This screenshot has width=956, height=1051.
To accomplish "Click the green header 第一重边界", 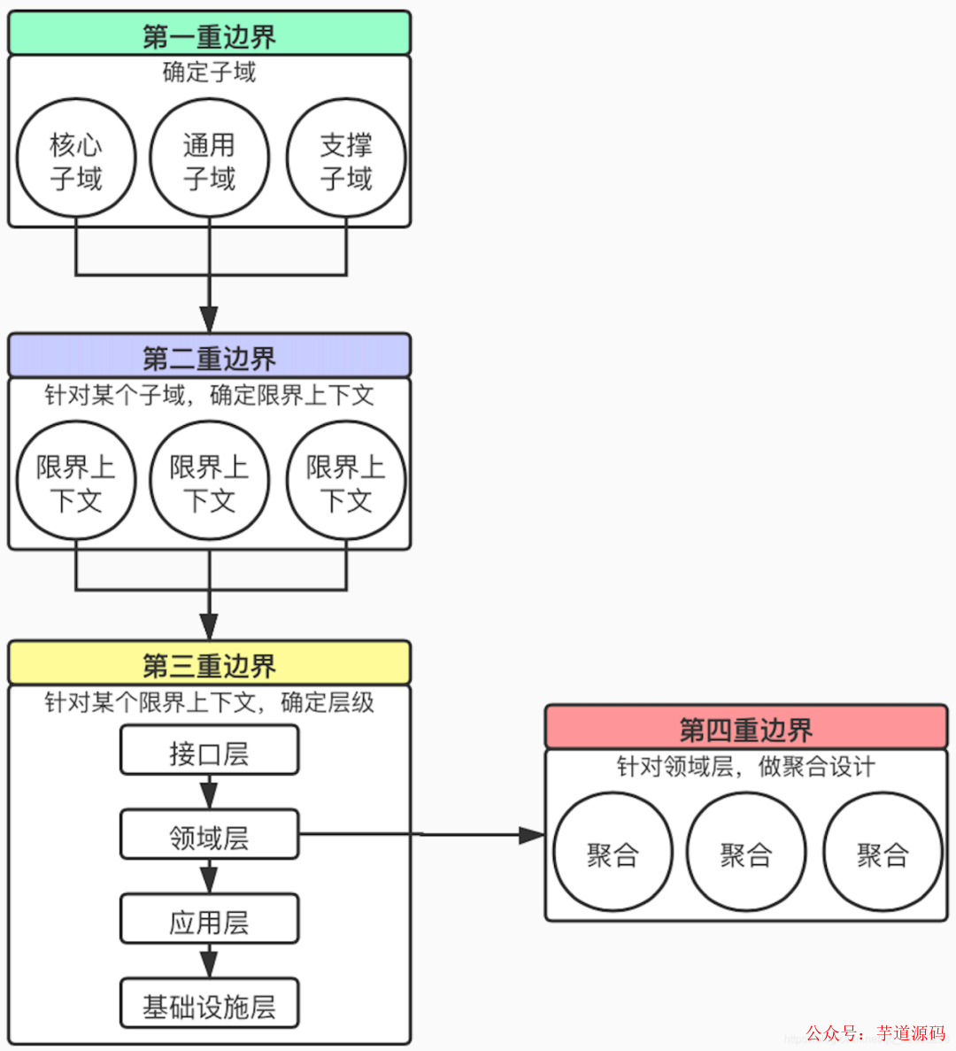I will point(209,35).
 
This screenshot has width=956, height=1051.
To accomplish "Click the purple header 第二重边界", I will point(209,357).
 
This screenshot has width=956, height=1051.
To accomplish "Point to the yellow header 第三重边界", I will point(209,664).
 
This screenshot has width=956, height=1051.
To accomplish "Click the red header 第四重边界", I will point(745,729).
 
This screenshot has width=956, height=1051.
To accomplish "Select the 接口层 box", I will point(209,752).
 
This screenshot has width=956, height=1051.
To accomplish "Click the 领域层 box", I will point(209,836).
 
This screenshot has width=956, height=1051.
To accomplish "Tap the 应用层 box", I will point(209,921).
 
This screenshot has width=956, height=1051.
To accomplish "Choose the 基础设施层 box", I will point(209,1005).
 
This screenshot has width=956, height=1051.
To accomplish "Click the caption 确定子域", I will point(209,73).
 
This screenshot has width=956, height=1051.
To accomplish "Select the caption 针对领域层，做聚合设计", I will point(745,766).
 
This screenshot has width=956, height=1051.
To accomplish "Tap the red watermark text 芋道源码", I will point(911,1032).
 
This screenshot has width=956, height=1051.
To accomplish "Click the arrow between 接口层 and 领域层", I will point(209,792).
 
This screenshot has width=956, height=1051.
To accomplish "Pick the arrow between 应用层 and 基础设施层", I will point(209,961).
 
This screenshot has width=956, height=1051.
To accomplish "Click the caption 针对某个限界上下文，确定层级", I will point(209,702).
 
